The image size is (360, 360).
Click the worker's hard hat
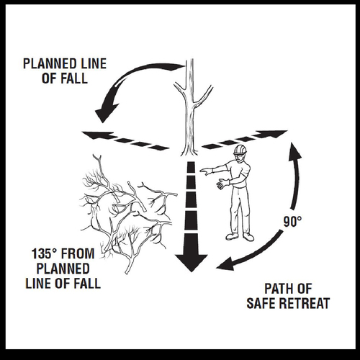[x=240, y=150]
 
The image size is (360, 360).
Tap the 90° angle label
[x=292, y=222]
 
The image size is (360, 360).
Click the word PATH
[x=278, y=289]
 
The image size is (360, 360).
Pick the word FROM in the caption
[x=78, y=253]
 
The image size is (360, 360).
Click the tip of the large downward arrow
[x=191, y=272]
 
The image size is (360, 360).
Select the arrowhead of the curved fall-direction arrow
[x=105, y=113]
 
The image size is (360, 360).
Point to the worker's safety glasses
[x=238, y=156]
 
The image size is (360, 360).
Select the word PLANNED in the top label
[x=48, y=63]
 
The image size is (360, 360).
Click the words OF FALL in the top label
[x=65, y=78]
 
